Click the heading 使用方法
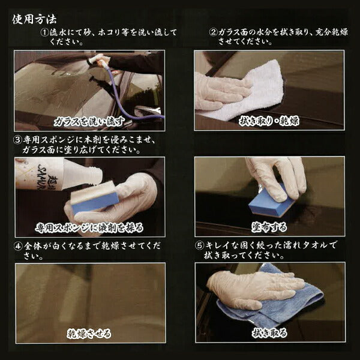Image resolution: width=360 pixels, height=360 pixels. point(34,19)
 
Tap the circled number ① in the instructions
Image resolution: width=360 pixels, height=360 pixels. point(45,32)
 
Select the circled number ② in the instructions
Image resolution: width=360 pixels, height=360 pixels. point(213,32)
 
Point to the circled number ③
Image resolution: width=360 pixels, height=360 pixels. point(17,140)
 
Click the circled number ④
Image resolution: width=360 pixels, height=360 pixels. point(18,247)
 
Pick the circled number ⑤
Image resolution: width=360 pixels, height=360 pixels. point(200,245)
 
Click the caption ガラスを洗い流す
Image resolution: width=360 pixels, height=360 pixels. point(89,122)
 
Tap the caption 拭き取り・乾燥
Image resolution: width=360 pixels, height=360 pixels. point(269,121)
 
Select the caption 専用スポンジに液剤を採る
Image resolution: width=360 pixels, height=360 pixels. point(89,228)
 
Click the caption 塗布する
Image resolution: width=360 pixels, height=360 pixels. point(269,227)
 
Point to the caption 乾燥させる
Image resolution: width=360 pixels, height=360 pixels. point(89,334)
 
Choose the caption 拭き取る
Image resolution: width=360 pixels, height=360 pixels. point(269,333)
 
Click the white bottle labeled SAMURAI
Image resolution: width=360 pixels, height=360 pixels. point(58,174)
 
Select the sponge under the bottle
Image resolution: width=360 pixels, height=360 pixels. point(95,197)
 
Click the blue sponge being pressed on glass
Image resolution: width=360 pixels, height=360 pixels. point(271,202)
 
